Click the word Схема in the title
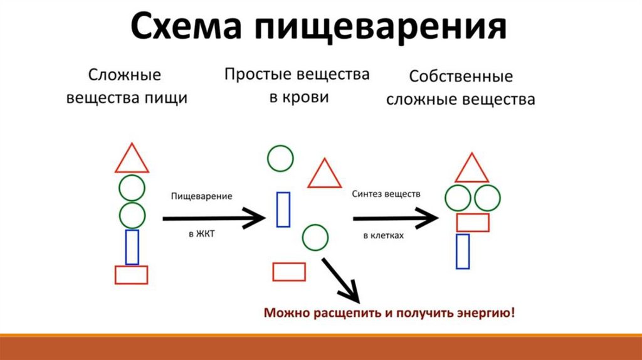186,27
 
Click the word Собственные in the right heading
461,76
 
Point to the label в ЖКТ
201,234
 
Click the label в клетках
384,235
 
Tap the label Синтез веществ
386,194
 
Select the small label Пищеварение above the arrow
201,196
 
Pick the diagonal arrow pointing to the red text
340,280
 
